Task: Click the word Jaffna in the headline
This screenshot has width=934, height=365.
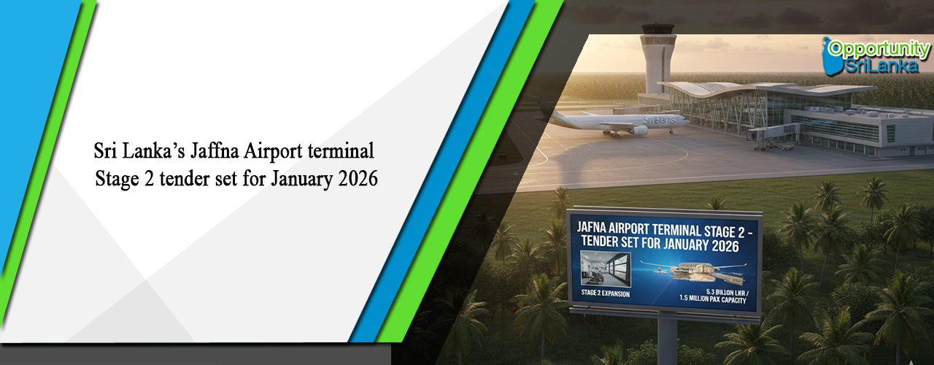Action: click(x=218, y=152)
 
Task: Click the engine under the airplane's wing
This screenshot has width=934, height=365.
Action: click(x=638, y=130)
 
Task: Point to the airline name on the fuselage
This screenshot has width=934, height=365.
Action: click(x=658, y=120)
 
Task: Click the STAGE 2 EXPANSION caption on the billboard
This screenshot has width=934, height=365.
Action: click(x=606, y=294)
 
